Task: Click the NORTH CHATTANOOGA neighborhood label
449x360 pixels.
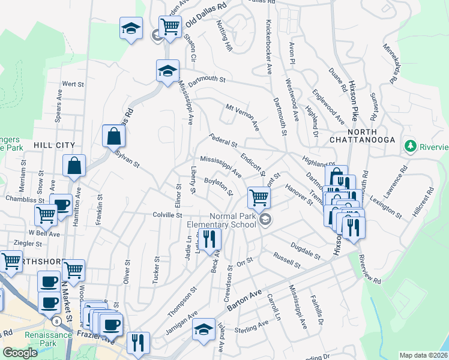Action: pos(361,136)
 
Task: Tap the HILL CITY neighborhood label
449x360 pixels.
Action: pos(54,145)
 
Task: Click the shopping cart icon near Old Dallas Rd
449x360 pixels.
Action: pos(170,26)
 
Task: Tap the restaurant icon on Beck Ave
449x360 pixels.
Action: pos(209,239)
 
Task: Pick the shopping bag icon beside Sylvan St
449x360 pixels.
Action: pos(113,136)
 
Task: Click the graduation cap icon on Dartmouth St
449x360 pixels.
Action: pos(167,70)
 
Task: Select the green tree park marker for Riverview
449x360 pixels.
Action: pos(410,145)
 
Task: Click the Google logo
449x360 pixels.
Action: pos(20,353)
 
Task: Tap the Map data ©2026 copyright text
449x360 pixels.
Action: pos(423,355)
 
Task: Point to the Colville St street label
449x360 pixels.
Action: pos(167,215)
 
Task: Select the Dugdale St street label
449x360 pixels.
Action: pos(306,250)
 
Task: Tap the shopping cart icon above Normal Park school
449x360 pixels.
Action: pos(259,196)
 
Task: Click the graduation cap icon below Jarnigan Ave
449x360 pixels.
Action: pos(203,329)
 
